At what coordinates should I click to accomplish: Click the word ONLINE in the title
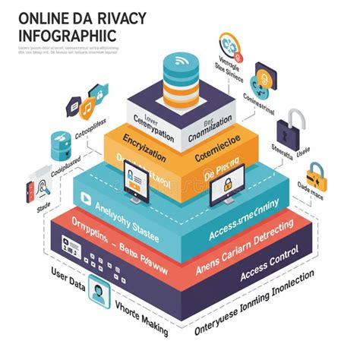pos(39,16)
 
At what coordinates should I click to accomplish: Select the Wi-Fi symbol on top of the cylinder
pos(180,60)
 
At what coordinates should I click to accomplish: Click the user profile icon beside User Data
pos(99,290)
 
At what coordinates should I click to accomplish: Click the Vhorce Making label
pos(140,312)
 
